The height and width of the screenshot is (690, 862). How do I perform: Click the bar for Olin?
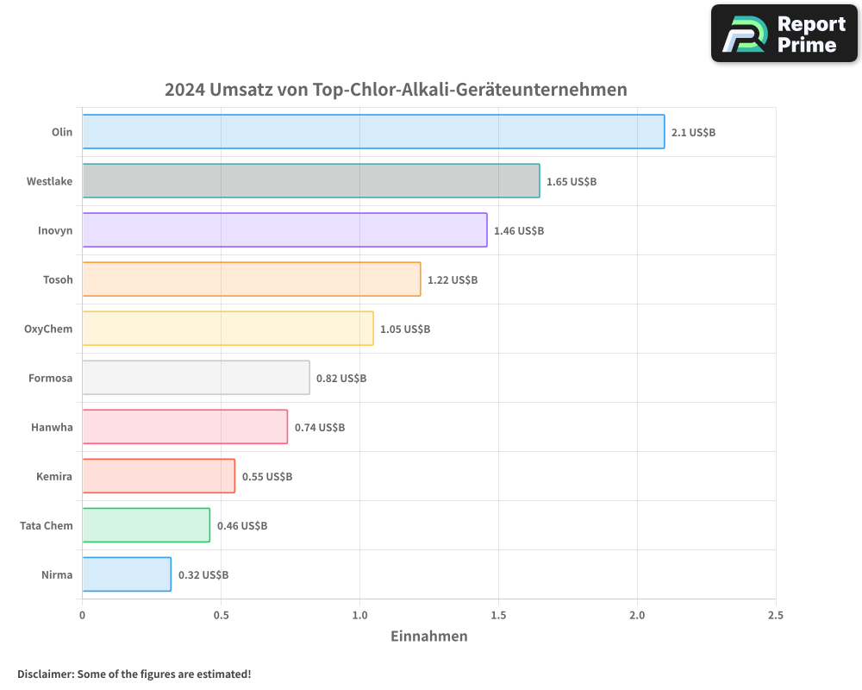(373, 132)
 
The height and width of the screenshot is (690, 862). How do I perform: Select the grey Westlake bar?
(311, 181)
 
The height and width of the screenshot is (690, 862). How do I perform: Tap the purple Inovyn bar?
(284, 230)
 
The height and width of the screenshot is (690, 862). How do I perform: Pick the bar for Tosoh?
(252, 279)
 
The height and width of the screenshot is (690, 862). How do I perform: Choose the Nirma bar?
(127, 574)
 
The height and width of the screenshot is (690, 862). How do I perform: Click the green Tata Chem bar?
(146, 525)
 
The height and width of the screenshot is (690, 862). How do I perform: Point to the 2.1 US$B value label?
(693, 133)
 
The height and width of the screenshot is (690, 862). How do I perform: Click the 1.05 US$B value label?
(405, 329)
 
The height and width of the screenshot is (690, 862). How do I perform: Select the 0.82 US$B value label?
(341, 379)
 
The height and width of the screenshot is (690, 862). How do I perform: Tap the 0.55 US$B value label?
(267, 477)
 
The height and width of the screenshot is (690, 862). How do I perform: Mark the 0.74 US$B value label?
(320, 428)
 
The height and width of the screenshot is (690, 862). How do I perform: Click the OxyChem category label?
(48, 329)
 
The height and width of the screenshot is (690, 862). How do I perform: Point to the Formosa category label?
(51, 378)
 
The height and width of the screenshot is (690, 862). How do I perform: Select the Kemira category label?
(54, 476)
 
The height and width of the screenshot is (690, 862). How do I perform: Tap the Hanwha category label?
(52, 427)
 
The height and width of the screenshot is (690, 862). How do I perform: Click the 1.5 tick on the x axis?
(498, 615)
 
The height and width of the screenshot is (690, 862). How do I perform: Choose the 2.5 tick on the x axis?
(776, 615)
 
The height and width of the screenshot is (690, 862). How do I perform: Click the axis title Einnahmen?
(429, 637)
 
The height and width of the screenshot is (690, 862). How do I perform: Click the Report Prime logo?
(784, 34)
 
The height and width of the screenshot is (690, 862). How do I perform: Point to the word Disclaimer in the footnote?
(45, 674)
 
